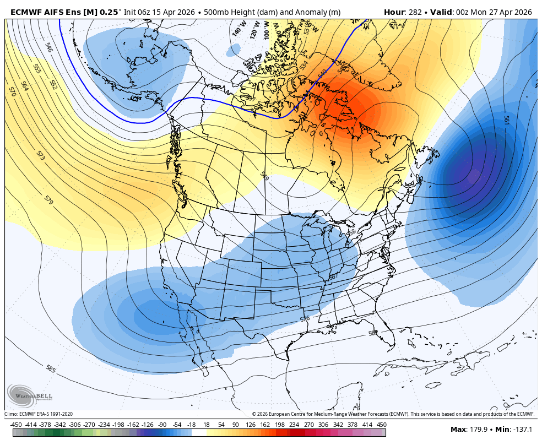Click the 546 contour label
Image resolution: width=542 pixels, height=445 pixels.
pos(49,47)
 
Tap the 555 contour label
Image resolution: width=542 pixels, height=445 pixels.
pos(37,69)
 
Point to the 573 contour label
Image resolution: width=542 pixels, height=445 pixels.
pos(40,155)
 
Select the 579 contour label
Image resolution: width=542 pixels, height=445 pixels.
pos(48,201)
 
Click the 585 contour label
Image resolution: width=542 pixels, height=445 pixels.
pos(51,368)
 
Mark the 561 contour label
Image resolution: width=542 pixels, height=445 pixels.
pos(506,120)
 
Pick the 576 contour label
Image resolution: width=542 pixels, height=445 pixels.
pos(305,319)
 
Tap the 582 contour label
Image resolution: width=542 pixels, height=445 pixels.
pos(373,333)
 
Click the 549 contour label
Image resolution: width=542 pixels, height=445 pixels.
pos(264,176)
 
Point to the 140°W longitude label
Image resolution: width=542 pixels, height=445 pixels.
pos(238,29)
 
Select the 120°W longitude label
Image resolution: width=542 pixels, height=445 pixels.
pos(254,30)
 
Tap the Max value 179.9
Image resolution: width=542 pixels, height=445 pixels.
pos(481,429)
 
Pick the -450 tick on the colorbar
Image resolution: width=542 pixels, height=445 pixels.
pos(16,425)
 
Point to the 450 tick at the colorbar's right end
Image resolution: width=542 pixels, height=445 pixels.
pos(381,425)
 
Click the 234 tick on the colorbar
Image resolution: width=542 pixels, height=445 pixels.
pos(294,425)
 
